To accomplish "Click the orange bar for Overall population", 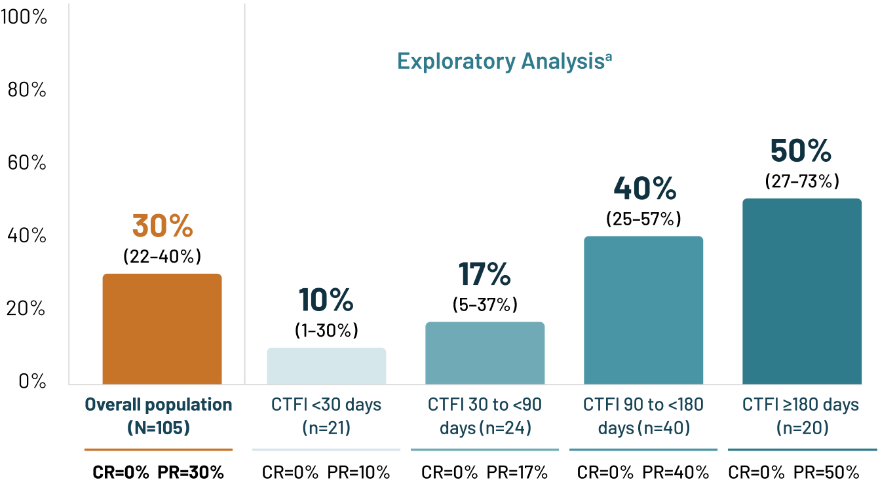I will [x=162, y=329].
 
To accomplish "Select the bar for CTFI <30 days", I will [x=326, y=365].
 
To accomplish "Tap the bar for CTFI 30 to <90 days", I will [x=485, y=353].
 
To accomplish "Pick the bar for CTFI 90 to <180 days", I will [x=643, y=310].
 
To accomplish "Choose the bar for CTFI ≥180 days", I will [x=802, y=291].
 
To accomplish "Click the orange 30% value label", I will [x=162, y=226].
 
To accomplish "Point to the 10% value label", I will [x=326, y=300].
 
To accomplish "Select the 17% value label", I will [x=485, y=274].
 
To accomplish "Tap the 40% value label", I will [x=645, y=189].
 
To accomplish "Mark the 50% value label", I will [x=801, y=151].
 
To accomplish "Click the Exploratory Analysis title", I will [x=501, y=62].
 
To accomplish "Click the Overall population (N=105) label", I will [x=159, y=417].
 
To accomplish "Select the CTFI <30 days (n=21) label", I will [x=326, y=417].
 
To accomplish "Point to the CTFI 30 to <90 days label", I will [x=485, y=417].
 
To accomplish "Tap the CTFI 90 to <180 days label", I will [x=643, y=417].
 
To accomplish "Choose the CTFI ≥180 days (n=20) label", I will [x=801, y=417].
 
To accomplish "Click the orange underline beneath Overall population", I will [x=158, y=449].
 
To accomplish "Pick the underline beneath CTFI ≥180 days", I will [x=802, y=449].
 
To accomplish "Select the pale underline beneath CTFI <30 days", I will [x=326, y=449].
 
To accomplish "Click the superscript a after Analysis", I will [x=608, y=56].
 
